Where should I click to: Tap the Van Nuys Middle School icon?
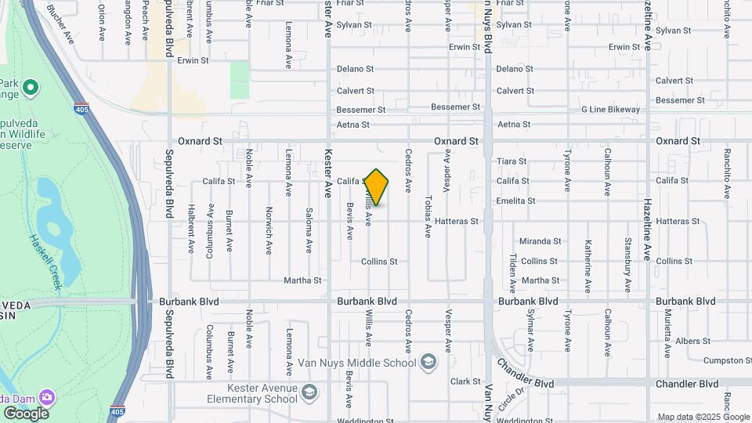pyautogui.click(x=428, y=362)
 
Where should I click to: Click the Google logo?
pyautogui.click(x=26, y=413)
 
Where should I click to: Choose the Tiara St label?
pyautogui.click(x=512, y=161)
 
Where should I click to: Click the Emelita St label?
pyautogui.click(x=515, y=201)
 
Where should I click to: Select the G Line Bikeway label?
pyautogui.click(x=610, y=110)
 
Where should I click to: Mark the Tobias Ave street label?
pyautogui.click(x=428, y=216)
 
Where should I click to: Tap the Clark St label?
pyautogui.click(x=465, y=381)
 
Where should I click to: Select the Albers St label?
pyautogui.click(x=692, y=341)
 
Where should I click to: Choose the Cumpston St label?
pyautogui.click(x=727, y=360)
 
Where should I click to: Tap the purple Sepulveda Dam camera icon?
pyautogui.click(x=47, y=397)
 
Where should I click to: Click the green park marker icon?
pyautogui.click(x=31, y=87)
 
